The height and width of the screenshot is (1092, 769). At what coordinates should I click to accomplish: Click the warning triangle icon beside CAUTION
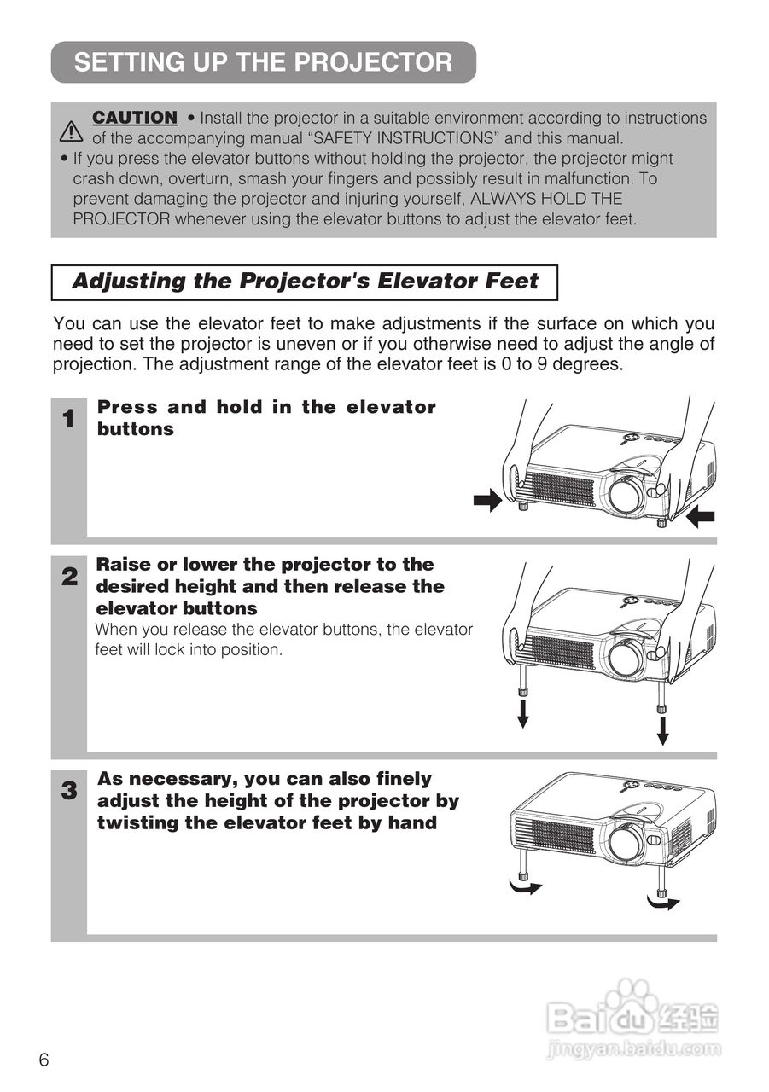[71, 131]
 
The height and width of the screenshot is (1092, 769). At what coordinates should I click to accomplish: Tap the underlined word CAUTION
[135, 118]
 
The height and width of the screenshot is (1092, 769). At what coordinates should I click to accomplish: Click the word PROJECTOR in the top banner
[373, 62]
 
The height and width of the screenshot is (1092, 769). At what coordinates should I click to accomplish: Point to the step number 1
[69, 419]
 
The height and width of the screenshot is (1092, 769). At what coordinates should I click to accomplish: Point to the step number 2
[70, 578]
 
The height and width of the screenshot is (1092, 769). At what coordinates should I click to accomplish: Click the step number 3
[69, 791]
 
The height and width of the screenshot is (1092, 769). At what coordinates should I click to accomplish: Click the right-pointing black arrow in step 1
[487, 500]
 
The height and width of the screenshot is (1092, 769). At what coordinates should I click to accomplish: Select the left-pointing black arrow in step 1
[700, 516]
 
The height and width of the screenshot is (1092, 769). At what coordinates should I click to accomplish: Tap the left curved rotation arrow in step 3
[525, 887]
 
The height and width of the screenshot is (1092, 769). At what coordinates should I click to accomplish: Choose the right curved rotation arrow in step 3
[663, 903]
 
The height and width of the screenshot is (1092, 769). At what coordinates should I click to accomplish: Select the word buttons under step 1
[136, 429]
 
